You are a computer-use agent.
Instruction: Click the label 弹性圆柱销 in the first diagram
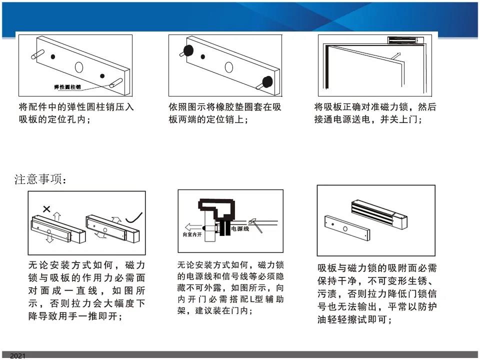pyautogui.click(x=67, y=87)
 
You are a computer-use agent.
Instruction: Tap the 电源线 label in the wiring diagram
pyautogui.click(x=240, y=228)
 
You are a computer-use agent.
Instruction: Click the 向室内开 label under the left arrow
pyautogui.click(x=192, y=234)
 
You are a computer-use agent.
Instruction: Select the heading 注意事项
pyautogui.click(x=40, y=179)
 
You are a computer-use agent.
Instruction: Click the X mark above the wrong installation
pyautogui.click(x=46, y=209)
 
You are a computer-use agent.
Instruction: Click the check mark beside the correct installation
pyautogui.click(x=134, y=217)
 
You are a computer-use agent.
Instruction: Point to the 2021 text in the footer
pyautogui.click(x=18, y=355)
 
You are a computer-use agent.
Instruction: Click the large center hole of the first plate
pyautogui.click(x=79, y=67)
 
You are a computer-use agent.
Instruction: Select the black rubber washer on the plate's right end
pyautogui.click(x=267, y=81)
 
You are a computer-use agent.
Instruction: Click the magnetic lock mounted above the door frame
pyautogui.click(x=405, y=40)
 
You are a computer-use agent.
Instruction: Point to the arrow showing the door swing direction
pyautogui.click(x=395, y=56)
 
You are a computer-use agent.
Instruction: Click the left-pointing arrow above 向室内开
pyautogui.click(x=193, y=227)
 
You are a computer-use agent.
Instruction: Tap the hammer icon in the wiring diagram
pyautogui.click(x=255, y=225)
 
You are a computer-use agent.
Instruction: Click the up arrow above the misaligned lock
pyautogui.click(x=56, y=216)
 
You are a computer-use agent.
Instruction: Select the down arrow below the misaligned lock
pyautogui.click(x=49, y=238)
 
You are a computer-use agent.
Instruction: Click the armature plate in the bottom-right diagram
pyautogui.click(x=347, y=227)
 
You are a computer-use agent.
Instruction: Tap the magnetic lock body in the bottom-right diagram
pyautogui.click(x=379, y=214)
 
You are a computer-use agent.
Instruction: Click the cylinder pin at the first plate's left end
pyautogui.click(x=37, y=54)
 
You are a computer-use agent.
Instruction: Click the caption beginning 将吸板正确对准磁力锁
pyautogui.click(x=375, y=113)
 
